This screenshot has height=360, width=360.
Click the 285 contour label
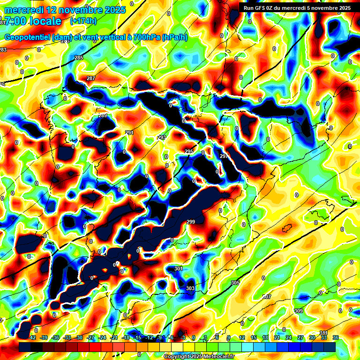(x=79, y=58)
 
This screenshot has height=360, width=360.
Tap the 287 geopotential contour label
(x=91, y=78)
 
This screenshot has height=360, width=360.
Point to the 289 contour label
(x=103, y=115)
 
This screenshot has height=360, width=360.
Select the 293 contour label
(x=162, y=137)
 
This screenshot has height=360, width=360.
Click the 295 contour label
(x=189, y=151)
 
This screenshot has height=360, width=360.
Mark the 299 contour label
(x=191, y=222)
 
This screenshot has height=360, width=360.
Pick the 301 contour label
(x=178, y=269)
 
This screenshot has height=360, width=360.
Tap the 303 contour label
(x=190, y=288)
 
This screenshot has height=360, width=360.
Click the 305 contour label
(x=235, y=283)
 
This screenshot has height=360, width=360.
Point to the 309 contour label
(x=299, y=311)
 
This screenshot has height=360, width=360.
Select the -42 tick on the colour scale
(x=32, y=337)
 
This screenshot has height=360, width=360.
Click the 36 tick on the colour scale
(x=336, y=337)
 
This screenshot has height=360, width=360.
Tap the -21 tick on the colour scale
(x=114, y=337)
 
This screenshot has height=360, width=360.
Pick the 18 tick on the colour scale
(x=265, y=337)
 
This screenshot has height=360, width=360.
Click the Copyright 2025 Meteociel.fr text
(x=199, y=357)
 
